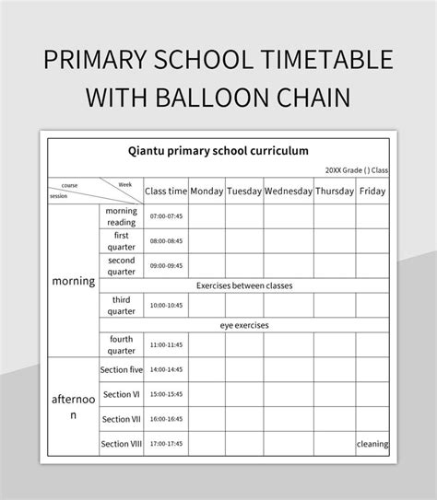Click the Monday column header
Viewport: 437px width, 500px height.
(x=207, y=192)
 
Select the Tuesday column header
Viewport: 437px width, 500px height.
(x=244, y=192)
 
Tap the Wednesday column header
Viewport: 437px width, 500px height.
(x=288, y=192)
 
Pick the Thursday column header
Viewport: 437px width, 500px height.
(x=335, y=192)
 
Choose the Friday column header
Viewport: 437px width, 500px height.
(x=372, y=192)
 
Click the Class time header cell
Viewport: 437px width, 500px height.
(x=166, y=192)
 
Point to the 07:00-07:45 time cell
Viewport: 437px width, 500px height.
(x=166, y=216)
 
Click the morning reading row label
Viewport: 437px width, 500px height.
(x=122, y=216)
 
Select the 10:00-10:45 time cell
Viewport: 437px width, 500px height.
(x=166, y=306)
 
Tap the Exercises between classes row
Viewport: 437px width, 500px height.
(x=243, y=285)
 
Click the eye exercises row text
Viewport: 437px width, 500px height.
(x=243, y=326)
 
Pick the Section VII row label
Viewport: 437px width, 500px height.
(x=122, y=419)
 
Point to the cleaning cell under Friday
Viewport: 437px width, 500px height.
(x=372, y=444)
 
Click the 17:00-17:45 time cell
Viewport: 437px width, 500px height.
(x=166, y=444)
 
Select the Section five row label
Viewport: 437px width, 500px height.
(x=122, y=369)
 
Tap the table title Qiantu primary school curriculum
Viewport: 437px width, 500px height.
(x=218, y=149)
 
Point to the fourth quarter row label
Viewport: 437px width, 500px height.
(x=122, y=345)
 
